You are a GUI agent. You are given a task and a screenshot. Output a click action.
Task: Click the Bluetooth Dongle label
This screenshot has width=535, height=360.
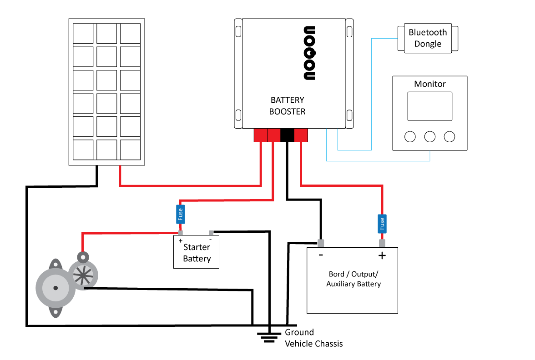[x=428, y=38]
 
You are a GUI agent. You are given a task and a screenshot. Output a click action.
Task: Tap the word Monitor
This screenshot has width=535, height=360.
[x=429, y=84]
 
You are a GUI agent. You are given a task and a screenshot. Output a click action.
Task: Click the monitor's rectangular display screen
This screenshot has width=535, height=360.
[x=429, y=106]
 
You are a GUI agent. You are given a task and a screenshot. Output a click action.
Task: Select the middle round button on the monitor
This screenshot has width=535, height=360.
[x=429, y=137]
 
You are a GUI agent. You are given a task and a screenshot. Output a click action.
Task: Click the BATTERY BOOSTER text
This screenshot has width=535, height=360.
[x=288, y=105]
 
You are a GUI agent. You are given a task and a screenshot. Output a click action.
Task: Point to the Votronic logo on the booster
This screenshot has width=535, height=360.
[x=309, y=53]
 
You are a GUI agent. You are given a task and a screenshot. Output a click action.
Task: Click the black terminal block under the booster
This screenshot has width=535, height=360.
[x=288, y=135]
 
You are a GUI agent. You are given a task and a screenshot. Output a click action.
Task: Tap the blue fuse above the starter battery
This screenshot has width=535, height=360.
[x=180, y=214]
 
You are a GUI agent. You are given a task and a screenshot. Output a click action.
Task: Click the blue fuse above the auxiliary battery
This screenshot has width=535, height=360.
[x=382, y=224]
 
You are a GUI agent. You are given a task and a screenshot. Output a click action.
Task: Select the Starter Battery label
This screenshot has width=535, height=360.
[x=197, y=253]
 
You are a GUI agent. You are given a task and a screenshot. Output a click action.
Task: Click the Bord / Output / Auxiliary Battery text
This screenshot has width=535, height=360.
[x=353, y=279]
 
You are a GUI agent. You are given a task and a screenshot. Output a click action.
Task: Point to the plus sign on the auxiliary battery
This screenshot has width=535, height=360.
[x=382, y=255]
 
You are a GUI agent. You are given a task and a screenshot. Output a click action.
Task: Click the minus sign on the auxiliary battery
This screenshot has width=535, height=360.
[x=321, y=255]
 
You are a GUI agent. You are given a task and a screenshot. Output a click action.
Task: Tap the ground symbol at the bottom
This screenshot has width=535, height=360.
[x=269, y=337]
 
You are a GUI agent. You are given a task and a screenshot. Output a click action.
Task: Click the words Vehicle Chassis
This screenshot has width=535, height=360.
[x=313, y=344]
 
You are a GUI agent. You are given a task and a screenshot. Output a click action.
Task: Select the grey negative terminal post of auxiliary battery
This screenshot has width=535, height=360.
[x=321, y=243]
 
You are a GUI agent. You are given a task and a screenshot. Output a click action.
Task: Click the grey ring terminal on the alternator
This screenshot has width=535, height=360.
[x=83, y=257]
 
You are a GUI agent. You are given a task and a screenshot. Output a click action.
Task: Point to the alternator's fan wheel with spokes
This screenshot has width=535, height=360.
[x=83, y=275]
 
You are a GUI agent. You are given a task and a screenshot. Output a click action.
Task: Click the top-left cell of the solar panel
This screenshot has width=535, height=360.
[x=83, y=34]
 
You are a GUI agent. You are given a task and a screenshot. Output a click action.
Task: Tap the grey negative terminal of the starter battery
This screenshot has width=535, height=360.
[x=211, y=233]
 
